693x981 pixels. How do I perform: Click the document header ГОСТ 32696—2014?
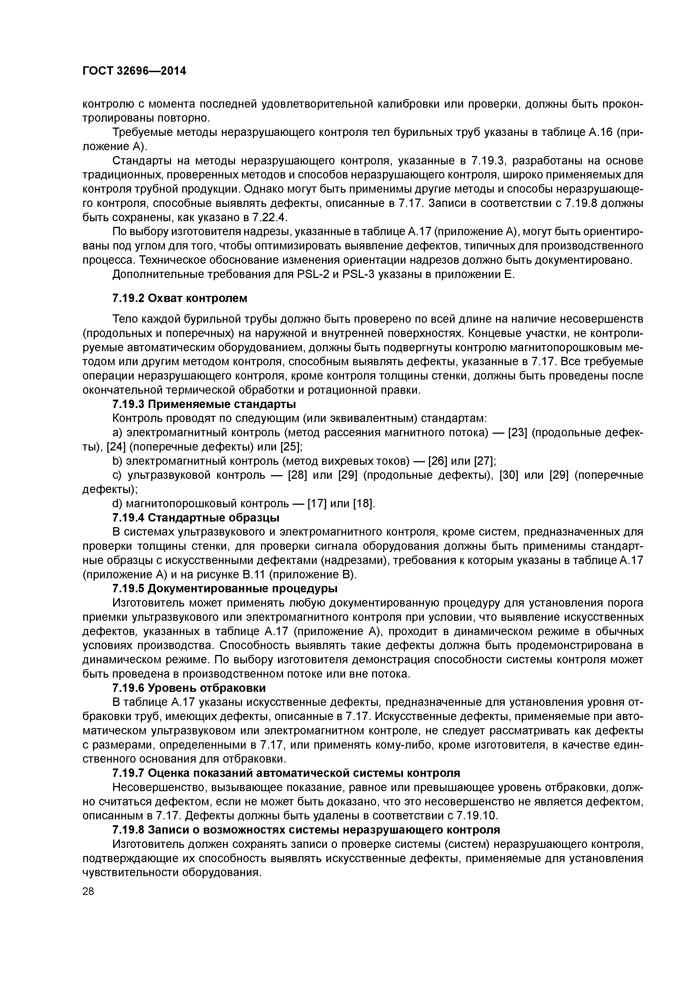tap(134, 71)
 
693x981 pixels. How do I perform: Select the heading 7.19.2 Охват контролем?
tap(180, 298)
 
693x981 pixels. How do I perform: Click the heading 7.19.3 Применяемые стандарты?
tap(204, 404)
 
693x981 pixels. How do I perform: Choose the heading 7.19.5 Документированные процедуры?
tap(225, 589)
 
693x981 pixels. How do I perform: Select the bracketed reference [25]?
tap(292, 447)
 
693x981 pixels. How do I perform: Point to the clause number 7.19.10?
tap(476, 815)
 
